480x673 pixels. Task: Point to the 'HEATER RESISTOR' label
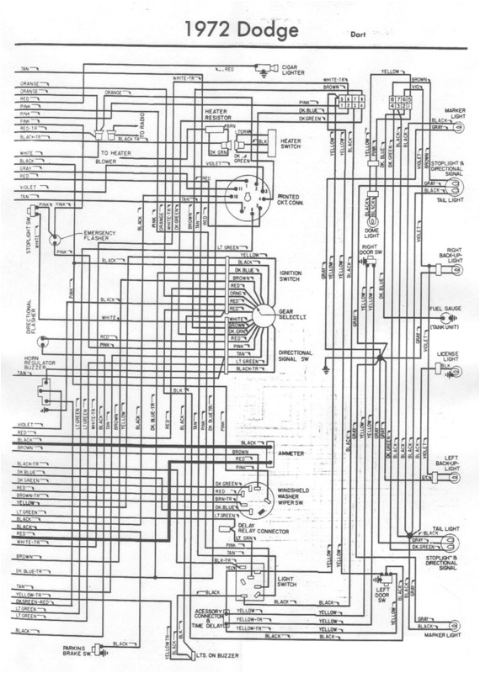tap(218, 114)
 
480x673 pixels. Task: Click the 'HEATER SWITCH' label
tap(291, 145)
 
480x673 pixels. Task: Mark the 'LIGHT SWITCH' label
tap(291, 582)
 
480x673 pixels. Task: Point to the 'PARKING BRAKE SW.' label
tap(77, 651)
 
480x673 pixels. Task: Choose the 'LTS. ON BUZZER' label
tap(214, 654)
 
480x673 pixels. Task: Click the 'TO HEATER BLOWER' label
tap(114, 158)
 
